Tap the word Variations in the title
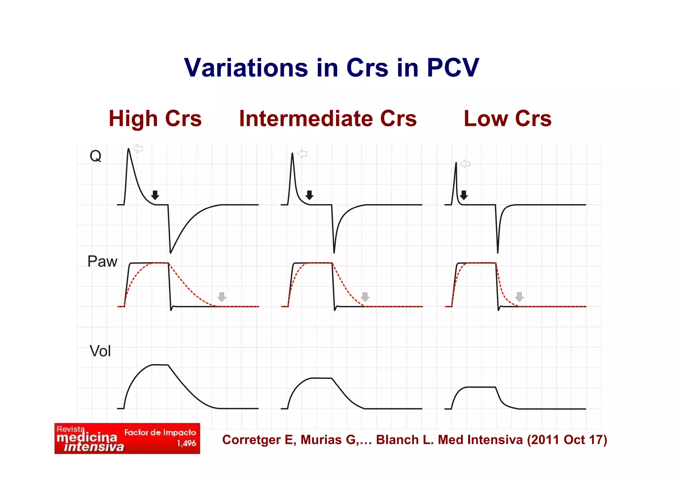(x=246, y=68)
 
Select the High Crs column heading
(x=155, y=119)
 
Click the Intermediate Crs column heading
(x=328, y=119)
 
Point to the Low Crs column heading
(x=507, y=119)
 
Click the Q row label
(x=95, y=156)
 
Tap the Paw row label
(x=102, y=262)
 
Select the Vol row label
(x=100, y=351)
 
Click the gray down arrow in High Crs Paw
(x=222, y=297)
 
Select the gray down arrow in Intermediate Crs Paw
(x=365, y=297)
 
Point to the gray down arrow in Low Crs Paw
(x=519, y=297)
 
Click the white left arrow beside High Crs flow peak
(x=138, y=149)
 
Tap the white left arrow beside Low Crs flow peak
(x=465, y=164)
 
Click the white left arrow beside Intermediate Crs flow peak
(x=302, y=154)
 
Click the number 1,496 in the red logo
(x=186, y=443)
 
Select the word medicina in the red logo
(x=87, y=437)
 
